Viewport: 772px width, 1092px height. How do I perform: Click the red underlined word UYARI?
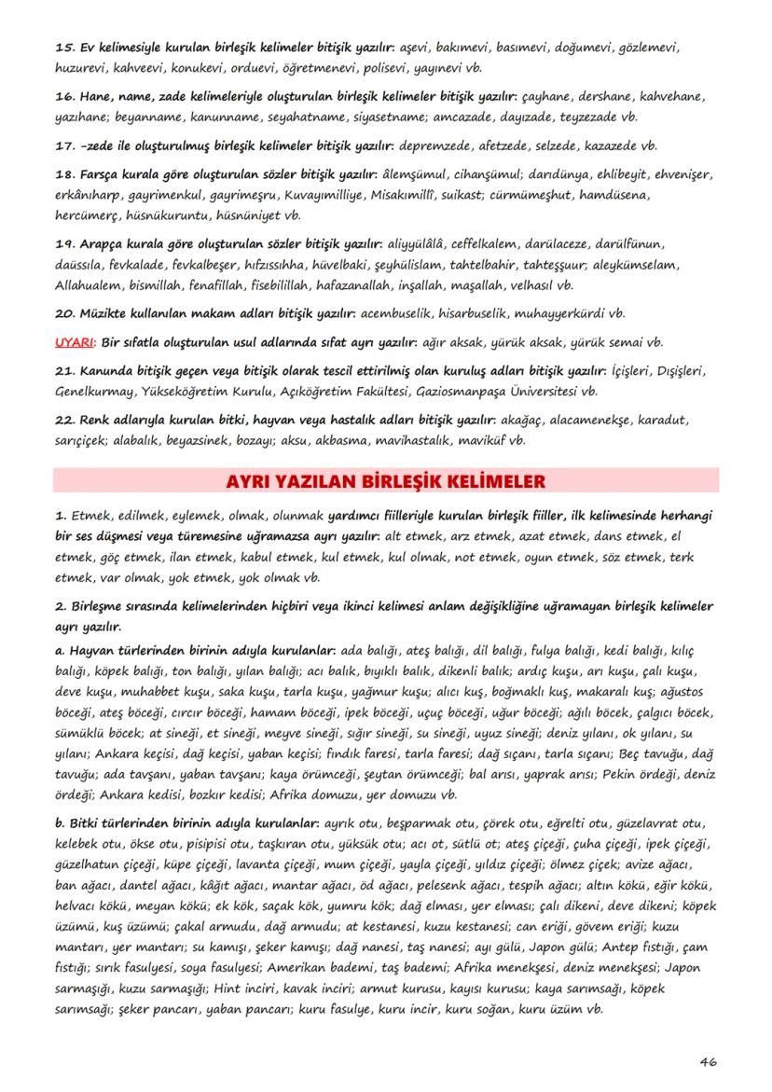74,342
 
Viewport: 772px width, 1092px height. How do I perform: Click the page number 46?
708,1062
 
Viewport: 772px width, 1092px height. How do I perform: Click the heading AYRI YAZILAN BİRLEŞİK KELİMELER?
386,481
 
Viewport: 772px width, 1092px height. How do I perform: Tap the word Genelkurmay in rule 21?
96,391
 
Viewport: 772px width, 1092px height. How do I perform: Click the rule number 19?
64,245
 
